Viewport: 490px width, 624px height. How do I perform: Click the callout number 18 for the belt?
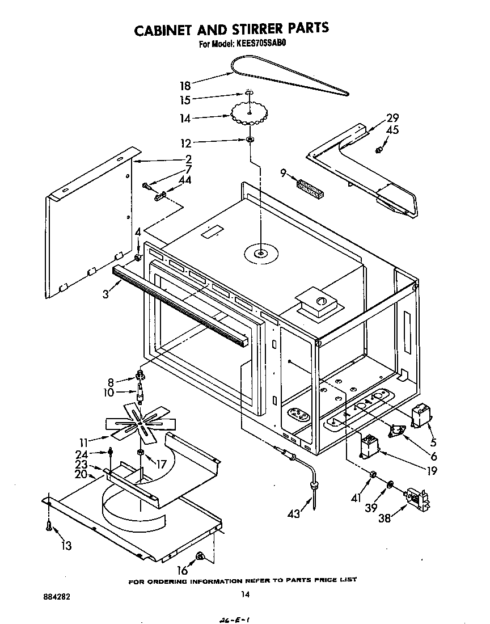point(185,86)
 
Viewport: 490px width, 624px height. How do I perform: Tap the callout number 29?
point(392,118)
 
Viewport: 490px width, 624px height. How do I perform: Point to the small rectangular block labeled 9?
point(309,188)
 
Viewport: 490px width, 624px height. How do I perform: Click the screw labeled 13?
point(50,526)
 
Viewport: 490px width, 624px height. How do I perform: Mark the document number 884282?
point(57,597)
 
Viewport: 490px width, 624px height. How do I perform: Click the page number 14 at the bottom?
point(244,594)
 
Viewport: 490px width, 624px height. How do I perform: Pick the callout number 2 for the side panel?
point(188,159)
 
